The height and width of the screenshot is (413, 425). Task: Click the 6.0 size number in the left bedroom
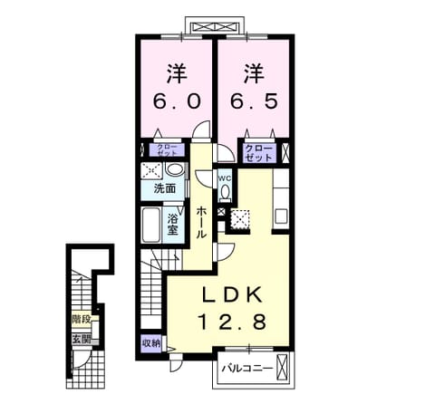coord(177,101)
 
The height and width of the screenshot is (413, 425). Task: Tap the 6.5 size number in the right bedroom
coord(255,101)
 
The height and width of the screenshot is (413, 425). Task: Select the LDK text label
coord(232,294)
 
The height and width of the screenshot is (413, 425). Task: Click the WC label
coord(225,178)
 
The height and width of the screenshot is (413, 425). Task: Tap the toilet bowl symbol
coord(225,193)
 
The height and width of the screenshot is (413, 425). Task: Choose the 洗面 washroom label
coord(165,188)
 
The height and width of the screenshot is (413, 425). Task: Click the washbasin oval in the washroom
coord(175,168)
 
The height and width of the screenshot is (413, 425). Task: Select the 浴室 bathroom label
coord(173,225)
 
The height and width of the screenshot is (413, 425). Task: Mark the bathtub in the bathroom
coord(151,225)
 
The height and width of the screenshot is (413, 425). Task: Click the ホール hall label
coord(201,223)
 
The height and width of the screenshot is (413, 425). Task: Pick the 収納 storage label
coord(151,343)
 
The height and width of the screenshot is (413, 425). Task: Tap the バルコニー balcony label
coord(247,369)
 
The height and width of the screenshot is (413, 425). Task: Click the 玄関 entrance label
coord(82,340)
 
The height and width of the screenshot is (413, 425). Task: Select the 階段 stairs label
coord(82,319)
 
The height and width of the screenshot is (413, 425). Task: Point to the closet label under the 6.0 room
coord(168,150)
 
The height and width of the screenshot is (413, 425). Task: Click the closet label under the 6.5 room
coord(259,153)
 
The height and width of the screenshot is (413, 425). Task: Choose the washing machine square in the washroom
coord(151,171)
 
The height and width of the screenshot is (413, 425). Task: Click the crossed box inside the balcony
coord(283,366)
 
